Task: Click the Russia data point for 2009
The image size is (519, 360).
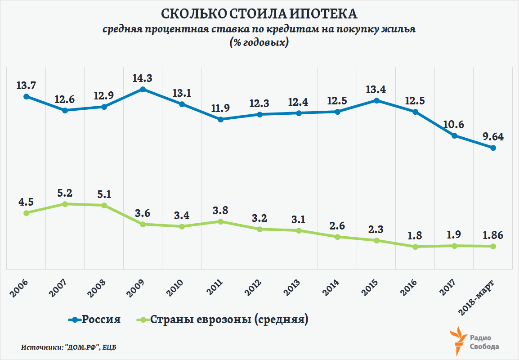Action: point(143,89)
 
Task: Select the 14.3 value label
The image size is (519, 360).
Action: point(142,78)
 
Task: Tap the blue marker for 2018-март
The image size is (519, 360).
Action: point(493,148)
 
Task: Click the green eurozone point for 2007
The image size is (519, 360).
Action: point(65,204)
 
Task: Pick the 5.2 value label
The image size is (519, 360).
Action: point(65,193)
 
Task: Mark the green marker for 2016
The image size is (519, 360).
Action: point(416,247)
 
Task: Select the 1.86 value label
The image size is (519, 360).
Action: point(492,235)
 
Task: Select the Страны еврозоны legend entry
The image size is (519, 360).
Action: point(222,320)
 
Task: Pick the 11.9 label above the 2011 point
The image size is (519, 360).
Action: point(220,108)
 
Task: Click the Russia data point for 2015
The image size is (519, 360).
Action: point(376,100)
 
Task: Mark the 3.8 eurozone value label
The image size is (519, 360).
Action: point(220,210)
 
